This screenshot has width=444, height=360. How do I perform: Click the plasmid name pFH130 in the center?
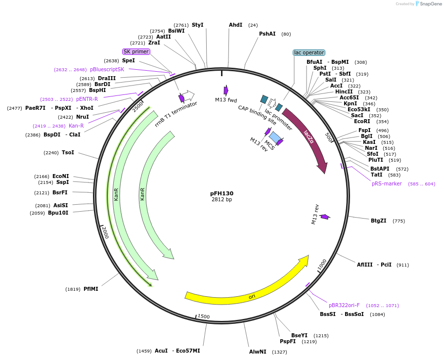[x=222, y=193]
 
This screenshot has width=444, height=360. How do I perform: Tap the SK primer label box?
[x=136, y=51]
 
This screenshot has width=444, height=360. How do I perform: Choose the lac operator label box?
[x=309, y=52]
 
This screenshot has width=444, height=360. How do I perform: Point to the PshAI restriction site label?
[x=267, y=34]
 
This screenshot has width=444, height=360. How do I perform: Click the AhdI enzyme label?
[x=235, y=25]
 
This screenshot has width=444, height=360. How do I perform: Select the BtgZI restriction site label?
[x=378, y=221]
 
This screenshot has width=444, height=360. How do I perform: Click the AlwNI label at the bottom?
[x=258, y=352]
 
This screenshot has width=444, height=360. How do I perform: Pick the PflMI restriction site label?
[x=90, y=289]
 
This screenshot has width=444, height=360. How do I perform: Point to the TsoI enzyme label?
[x=68, y=152]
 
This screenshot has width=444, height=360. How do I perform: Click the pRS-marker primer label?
[x=387, y=184]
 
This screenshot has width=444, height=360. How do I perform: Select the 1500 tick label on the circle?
[x=204, y=316]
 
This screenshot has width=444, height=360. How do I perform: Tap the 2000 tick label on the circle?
[x=105, y=232]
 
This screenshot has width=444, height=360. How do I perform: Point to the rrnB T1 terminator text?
[x=176, y=114]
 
